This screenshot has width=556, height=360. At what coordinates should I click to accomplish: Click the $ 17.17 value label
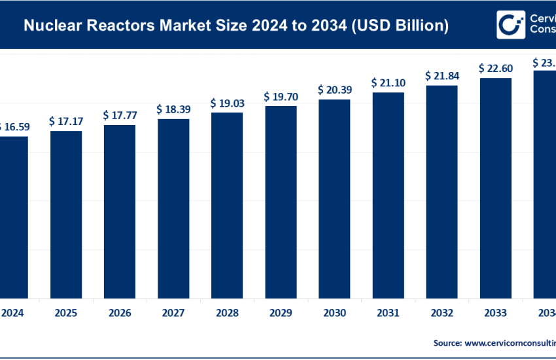pyautogui.click(x=66, y=122)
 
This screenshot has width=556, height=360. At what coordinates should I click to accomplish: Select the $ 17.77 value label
pyautogui.click(x=120, y=115)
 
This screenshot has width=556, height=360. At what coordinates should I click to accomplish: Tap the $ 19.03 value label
pyautogui.click(x=227, y=103)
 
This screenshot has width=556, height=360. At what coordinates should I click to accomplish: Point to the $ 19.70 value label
pyautogui.click(x=281, y=97)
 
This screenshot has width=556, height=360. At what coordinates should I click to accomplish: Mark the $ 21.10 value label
pyautogui.click(x=388, y=83)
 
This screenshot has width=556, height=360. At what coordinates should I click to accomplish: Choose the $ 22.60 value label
pyautogui.click(x=495, y=68)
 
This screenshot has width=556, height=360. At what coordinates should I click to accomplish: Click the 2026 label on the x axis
pyautogui.click(x=120, y=313)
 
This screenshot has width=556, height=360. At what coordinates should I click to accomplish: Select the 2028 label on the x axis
pyautogui.click(x=227, y=313)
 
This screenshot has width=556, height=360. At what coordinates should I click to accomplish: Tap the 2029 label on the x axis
pyautogui.click(x=281, y=313)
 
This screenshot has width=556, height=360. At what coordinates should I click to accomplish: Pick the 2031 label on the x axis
pyautogui.click(x=388, y=313)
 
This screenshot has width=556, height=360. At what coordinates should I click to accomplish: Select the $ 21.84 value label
pyautogui.click(x=442, y=76)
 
